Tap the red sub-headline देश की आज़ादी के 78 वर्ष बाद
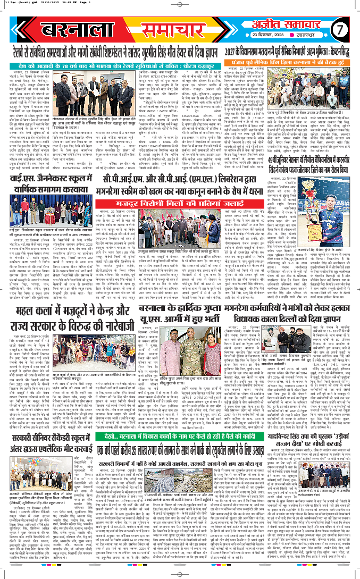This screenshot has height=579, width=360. point(106,65)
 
